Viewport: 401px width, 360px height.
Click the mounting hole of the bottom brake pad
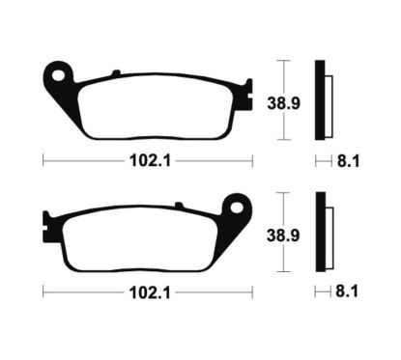click(233, 206)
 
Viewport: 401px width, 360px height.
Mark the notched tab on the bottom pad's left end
click(46, 226)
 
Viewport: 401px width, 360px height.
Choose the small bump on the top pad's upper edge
click(116, 73)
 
